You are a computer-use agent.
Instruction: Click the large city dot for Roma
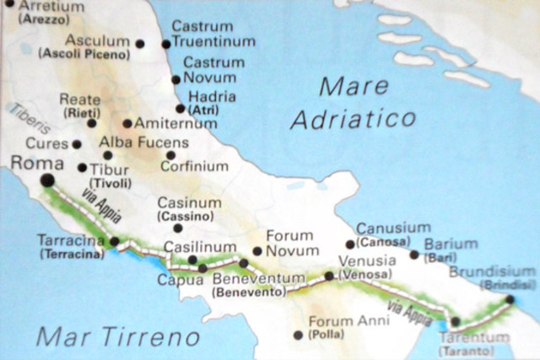[47, 180]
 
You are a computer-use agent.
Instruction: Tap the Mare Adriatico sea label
[353, 103]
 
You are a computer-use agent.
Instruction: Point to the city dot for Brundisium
[510, 299]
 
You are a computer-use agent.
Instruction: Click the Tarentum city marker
[455, 321]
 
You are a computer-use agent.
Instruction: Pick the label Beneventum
[252, 280]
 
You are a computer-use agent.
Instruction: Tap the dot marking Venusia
[329, 276]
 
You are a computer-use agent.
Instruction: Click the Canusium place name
[392, 228]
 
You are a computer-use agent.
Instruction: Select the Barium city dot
[414, 255]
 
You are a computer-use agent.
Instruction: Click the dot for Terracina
[115, 241]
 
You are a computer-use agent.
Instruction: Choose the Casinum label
[190, 203]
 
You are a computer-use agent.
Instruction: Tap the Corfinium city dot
[170, 155]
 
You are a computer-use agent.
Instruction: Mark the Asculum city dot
[140, 43]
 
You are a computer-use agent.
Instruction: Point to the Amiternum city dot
[127, 123]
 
